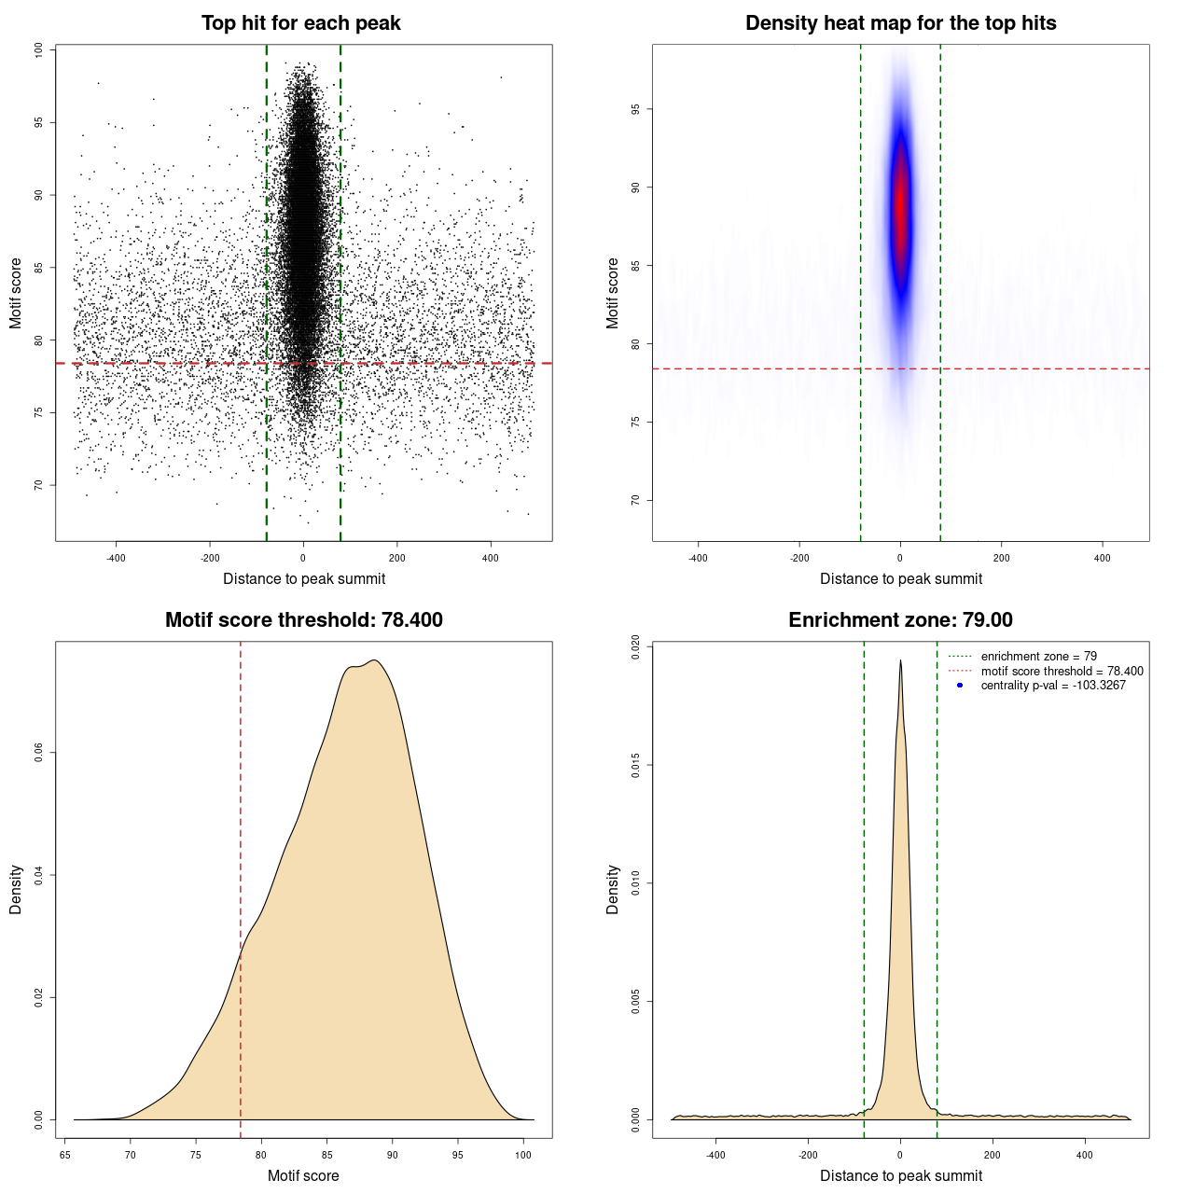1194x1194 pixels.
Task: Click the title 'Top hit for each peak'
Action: pos(300,23)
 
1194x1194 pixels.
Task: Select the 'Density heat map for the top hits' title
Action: pos(900,23)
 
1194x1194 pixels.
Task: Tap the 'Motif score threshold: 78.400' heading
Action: pos(303,620)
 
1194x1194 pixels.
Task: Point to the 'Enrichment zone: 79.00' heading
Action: pos(900,620)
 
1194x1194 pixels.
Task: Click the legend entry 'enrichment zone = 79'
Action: pos(1038,657)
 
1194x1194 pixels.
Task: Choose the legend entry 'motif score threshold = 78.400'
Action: pos(1062,671)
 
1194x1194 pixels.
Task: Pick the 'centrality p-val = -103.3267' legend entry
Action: pos(1053,686)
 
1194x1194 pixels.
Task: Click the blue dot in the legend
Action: pos(960,686)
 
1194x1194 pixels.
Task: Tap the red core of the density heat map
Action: pos(900,210)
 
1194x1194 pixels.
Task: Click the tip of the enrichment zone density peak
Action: pos(900,660)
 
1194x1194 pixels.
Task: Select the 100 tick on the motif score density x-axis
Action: pos(523,1155)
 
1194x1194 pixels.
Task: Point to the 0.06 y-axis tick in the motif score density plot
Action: pos(38,753)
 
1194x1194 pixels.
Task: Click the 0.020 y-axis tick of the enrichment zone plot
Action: pos(635,647)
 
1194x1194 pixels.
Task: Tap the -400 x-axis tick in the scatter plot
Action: pos(116,558)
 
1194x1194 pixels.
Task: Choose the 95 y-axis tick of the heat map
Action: pos(635,109)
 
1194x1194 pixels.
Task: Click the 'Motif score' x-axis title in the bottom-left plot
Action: pos(303,1175)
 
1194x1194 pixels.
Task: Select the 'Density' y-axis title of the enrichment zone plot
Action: pos(613,889)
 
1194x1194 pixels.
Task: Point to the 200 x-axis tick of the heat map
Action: pos(1001,558)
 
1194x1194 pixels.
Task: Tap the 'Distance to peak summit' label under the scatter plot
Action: pos(304,578)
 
